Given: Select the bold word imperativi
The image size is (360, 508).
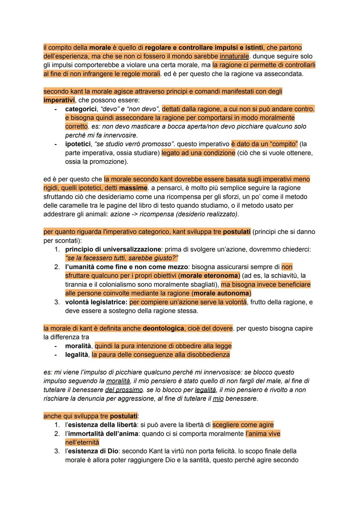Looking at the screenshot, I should click(x=59, y=100).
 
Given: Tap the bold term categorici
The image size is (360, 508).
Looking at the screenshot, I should click(x=79, y=109).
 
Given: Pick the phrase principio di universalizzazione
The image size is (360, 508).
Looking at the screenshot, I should click(x=113, y=249).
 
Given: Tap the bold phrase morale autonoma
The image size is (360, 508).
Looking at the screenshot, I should click(x=221, y=293).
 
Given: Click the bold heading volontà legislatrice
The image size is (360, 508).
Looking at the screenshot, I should click(x=96, y=302).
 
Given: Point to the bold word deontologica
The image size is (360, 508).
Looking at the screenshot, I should click(x=163, y=328).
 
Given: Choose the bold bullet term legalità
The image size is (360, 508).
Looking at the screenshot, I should click(x=77, y=354).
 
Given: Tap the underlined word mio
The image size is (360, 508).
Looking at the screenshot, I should click(x=218, y=398).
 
